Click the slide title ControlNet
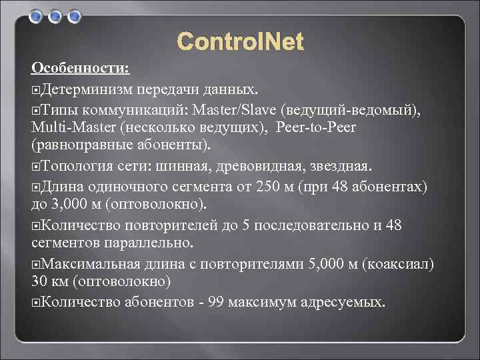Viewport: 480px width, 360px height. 240,43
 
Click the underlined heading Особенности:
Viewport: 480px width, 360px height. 81,69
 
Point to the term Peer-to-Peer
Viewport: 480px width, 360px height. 325,126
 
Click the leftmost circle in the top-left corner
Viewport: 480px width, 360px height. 35,15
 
